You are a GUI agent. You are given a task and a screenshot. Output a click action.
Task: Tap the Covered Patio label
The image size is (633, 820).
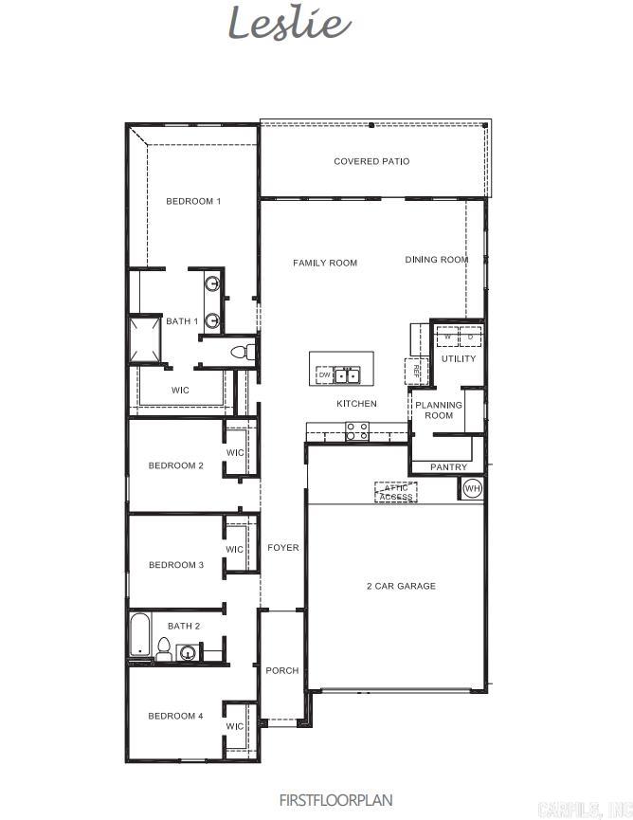371,162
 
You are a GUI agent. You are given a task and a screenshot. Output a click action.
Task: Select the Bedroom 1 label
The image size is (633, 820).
193,201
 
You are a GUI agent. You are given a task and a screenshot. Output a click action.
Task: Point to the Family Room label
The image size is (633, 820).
325,263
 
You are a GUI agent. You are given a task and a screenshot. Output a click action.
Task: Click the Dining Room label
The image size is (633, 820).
437,260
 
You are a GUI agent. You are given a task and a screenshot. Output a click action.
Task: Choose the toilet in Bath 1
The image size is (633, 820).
242,352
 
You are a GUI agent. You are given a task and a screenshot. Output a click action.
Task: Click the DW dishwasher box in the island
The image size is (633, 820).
324,375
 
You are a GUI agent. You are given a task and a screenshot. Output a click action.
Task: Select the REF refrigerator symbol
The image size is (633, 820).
415,372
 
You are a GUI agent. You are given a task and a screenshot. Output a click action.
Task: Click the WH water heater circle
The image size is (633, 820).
472,488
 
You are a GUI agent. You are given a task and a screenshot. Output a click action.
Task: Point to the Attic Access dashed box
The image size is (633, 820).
396,493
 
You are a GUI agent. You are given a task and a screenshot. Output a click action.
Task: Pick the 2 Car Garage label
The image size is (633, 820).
401,586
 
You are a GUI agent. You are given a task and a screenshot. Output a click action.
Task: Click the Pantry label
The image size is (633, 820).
448,467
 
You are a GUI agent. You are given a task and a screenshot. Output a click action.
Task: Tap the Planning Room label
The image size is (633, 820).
438,410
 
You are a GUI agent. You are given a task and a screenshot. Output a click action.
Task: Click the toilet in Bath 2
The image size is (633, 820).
164,649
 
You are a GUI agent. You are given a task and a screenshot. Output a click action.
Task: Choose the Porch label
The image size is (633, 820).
281,670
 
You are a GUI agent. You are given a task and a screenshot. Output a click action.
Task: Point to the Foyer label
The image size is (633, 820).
282,548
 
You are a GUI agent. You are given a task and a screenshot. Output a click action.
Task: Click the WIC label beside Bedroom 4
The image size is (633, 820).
235,726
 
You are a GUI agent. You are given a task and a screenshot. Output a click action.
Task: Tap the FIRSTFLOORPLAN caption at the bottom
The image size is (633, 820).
335,800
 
